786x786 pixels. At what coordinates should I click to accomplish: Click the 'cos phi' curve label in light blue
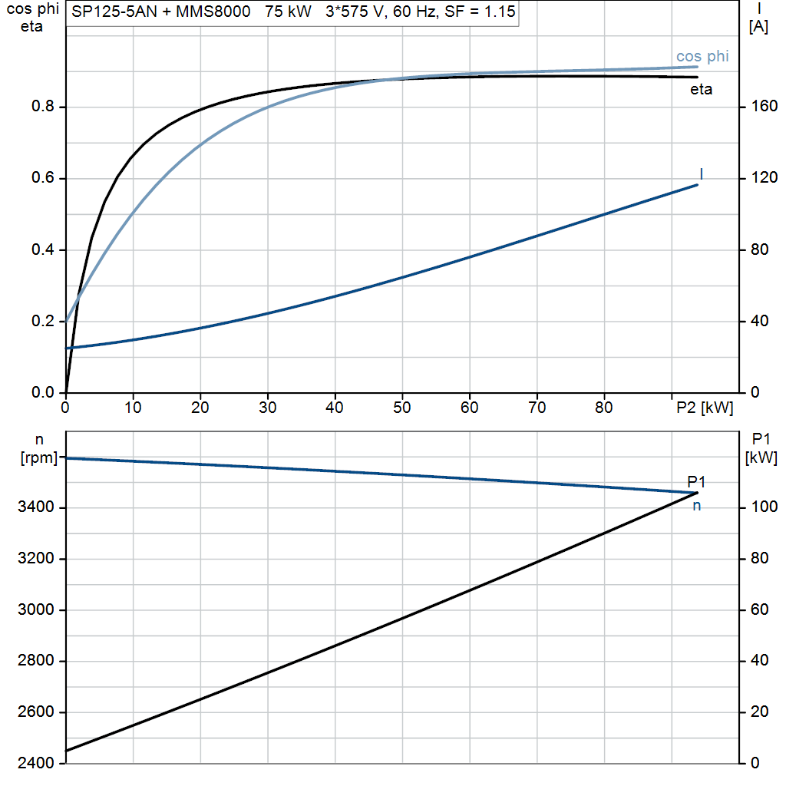click(x=702, y=57)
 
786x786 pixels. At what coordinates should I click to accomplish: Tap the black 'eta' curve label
click(x=701, y=89)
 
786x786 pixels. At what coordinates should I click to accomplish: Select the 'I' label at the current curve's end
click(x=702, y=174)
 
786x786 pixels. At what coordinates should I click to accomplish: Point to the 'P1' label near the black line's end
click(x=696, y=482)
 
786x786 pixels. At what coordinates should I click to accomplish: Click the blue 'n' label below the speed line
click(x=696, y=506)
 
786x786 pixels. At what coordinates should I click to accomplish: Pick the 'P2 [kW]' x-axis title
click(x=705, y=408)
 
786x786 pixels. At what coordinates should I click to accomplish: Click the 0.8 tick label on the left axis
click(x=43, y=106)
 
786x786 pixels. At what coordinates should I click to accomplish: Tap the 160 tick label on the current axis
click(x=765, y=106)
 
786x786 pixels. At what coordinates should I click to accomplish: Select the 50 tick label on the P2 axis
click(x=401, y=408)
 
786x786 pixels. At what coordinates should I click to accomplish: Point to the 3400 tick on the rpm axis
click(x=35, y=507)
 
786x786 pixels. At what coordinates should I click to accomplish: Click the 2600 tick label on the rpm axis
click(x=35, y=712)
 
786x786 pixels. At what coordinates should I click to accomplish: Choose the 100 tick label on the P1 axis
click(x=765, y=507)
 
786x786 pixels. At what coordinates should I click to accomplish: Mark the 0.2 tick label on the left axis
click(x=43, y=321)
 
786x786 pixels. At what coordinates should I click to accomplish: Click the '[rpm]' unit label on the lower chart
click(x=39, y=457)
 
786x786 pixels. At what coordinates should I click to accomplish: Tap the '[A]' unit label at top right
click(x=758, y=26)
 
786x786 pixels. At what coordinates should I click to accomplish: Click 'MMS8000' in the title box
click(x=213, y=12)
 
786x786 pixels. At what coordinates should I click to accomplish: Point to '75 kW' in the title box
click(x=289, y=12)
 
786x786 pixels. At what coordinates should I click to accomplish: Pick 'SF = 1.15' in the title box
click(x=480, y=12)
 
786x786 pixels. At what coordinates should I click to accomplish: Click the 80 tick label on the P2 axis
click(x=603, y=408)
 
